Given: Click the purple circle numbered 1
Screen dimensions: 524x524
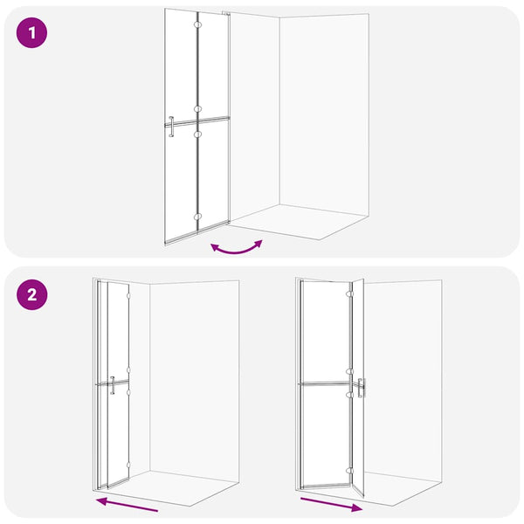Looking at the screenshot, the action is [x=31, y=33].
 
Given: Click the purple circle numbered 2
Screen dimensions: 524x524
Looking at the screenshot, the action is [x=31, y=295].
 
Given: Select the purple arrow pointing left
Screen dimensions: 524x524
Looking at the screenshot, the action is [x=127, y=504].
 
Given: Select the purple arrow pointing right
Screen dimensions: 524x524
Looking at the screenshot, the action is [x=332, y=505].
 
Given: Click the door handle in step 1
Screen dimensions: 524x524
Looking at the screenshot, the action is [x=171, y=127].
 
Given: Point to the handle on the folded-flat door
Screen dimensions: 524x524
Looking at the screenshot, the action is [x=113, y=385].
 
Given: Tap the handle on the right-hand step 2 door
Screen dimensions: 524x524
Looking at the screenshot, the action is [x=360, y=388].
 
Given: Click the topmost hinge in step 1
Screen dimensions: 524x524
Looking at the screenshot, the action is [x=197, y=24].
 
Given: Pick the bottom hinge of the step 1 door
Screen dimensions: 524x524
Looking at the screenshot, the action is [x=197, y=217].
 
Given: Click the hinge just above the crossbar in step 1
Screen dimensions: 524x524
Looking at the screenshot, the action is [x=197, y=109].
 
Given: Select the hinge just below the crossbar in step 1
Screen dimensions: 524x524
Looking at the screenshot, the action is [x=197, y=134].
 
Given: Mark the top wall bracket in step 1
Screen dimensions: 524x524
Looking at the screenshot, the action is [x=226, y=13].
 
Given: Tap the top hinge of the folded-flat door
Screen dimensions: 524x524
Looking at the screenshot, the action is [x=128, y=296].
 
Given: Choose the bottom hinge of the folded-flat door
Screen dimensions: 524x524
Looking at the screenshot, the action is [x=128, y=465].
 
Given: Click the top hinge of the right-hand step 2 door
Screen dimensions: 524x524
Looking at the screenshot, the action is [x=349, y=293].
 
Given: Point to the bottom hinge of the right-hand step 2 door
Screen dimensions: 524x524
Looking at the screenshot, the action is [x=349, y=471].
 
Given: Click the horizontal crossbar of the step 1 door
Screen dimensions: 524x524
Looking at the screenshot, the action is [x=197, y=121].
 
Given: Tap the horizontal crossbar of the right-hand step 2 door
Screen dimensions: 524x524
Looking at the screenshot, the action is [x=326, y=383].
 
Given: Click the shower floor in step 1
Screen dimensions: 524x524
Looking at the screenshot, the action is [x=298, y=221].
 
